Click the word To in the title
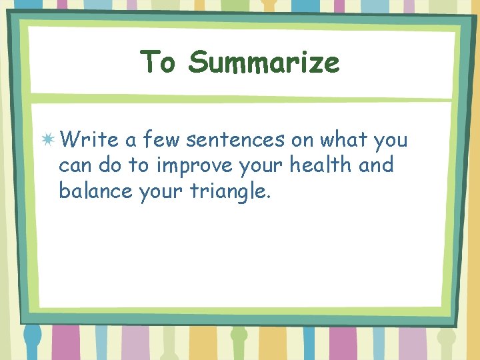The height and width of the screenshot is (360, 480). pos(158,63)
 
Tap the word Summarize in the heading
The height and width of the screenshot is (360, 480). pos(264,63)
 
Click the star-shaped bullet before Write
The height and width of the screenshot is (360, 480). pos(48,140)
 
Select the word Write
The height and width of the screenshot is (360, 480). pos(89,140)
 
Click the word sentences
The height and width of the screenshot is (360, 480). pos(235,140)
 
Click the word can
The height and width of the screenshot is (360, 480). pos(74,165)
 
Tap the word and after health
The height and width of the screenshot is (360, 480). pos(377,165)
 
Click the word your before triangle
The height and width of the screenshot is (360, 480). pos(162,192)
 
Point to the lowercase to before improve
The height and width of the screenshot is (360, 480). pos(141,165)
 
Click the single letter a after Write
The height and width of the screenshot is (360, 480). pos(130,141)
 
